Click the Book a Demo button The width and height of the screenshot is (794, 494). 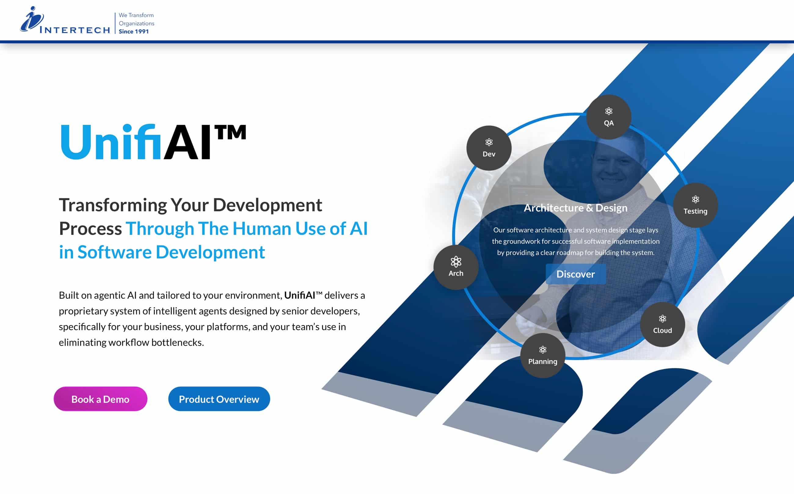pos(100,399)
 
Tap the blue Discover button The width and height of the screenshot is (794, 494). pos(575,274)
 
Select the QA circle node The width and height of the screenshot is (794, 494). pos(608,117)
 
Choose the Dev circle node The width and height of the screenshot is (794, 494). pos(489,148)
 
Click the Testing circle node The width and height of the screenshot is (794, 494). pos(695,205)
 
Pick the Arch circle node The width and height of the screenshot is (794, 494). pos(456,267)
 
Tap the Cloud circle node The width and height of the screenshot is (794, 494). pos(662,325)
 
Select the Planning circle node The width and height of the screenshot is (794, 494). pos(542,355)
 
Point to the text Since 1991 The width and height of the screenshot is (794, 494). pos(134,31)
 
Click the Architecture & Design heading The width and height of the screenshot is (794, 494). pos(575,208)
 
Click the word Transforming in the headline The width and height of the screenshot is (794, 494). pos(113,205)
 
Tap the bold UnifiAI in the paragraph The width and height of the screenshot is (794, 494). pos(300,295)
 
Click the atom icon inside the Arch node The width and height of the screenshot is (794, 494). pos(456,261)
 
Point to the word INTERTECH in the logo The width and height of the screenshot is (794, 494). pos(75,30)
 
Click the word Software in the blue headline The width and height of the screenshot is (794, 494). pos(114,252)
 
